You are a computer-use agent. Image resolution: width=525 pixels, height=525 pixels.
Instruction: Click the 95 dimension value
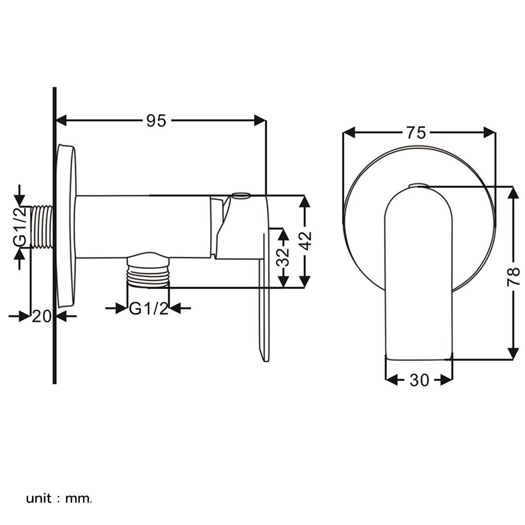click(156, 121)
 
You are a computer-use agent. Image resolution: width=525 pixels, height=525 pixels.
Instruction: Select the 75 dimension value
click(415, 133)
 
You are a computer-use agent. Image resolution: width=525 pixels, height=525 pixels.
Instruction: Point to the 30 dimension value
click(419, 380)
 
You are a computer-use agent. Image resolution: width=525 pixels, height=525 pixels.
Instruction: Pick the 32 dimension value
click(283, 257)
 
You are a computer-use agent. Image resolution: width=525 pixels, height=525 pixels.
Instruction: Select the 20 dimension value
click(41, 316)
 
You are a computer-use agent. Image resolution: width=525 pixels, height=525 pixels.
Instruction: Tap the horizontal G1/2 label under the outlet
click(149, 308)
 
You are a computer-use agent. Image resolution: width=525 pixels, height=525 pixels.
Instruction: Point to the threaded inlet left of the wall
click(42, 226)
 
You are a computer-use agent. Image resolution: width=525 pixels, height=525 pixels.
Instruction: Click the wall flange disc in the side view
click(67, 226)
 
